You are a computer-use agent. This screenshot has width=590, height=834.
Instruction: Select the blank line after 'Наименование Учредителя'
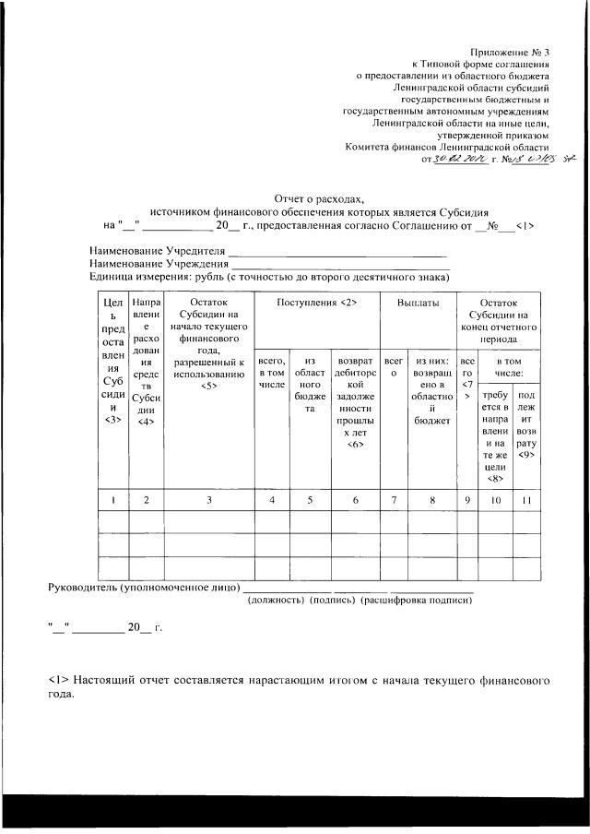tap(337, 252)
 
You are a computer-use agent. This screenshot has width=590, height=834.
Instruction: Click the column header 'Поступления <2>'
tap(317, 303)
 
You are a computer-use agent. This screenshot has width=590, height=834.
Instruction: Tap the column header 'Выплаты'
tap(418, 303)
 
